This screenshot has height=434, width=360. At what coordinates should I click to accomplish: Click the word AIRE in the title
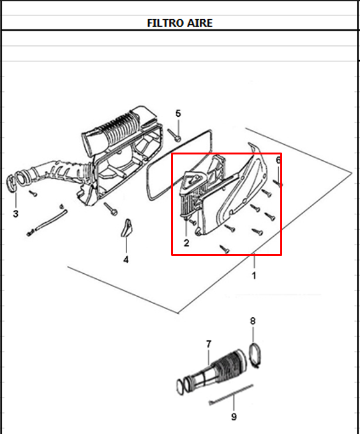[x=200, y=23]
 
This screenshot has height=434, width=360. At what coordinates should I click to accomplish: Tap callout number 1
[x=254, y=276]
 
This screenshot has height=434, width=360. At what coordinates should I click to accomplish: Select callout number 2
[x=186, y=243]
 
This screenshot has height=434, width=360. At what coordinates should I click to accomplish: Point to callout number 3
[x=16, y=214]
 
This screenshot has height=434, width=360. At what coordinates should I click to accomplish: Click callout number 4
[x=126, y=260]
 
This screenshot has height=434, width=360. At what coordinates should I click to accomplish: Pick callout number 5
[x=178, y=114]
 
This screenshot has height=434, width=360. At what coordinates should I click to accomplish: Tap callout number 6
[x=278, y=160]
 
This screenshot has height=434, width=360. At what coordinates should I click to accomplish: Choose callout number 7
[x=209, y=344]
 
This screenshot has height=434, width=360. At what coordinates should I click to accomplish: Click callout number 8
[x=253, y=321]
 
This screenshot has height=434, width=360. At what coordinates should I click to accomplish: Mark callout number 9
[x=234, y=417]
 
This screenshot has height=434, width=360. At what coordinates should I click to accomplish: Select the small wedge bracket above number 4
[x=127, y=228]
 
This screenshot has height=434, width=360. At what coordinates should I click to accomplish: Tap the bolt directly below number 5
[x=174, y=135]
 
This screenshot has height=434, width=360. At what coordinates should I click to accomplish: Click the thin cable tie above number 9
[x=231, y=394]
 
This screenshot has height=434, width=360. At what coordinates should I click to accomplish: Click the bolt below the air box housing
[x=110, y=209]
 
